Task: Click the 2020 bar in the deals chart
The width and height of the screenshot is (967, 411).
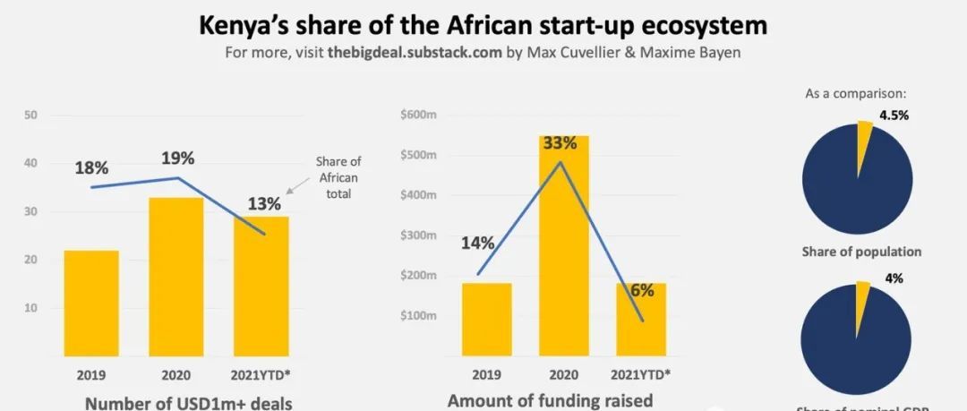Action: pyautogui.click(x=176, y=278)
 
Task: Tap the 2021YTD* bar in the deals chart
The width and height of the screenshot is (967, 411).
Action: pyautogui.click(x=261, y=287)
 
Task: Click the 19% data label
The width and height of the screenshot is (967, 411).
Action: pyautogui.click(x=177, y=158)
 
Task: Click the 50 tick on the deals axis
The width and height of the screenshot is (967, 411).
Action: pyautogui.click(x=30, y=115)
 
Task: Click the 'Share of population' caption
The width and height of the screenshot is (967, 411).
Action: pyautogui.click(x=861, y=252)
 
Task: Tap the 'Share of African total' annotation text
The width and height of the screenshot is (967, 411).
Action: pyautogui.click(x=338, y=177)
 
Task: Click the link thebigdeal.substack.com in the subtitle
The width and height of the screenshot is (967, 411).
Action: pyautogui.click(x=414, y=52)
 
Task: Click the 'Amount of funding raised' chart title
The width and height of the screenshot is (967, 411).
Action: pyautogui.click(x=550, y=400)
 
